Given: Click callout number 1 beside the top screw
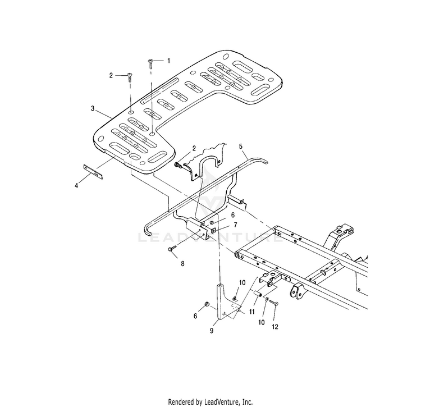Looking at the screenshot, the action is coord(168,61).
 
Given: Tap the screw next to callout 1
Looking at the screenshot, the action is coord(150,63).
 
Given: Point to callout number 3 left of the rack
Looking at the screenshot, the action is coord(93,108).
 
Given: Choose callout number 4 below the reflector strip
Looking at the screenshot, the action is coord(76,185).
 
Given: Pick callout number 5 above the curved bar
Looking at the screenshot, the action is coord(241,147).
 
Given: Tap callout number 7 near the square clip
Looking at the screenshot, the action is coord(235,225).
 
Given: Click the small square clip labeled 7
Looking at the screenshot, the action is coord(214,230).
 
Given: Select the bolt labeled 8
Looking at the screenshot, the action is coord(172,248).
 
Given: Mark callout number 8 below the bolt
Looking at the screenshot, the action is coord(182,264).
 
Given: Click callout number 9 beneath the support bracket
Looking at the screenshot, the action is coord(212,331).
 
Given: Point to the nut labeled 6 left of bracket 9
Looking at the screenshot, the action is coord(207,304).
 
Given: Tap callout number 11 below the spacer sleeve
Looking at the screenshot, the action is coord(251,312).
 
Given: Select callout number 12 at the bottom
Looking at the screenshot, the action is coord(275,327).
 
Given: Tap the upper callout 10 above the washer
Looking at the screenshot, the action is coord(242,282).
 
